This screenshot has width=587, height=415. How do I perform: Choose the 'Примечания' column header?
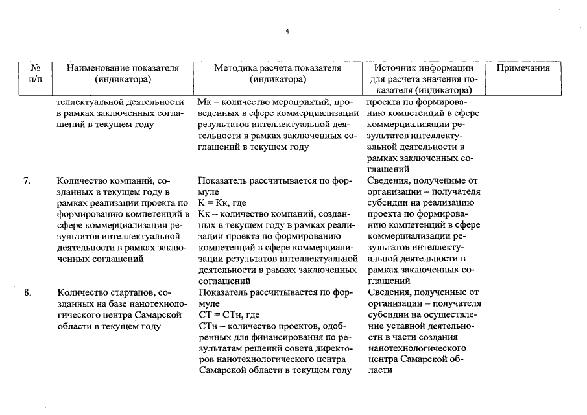coord(523,67)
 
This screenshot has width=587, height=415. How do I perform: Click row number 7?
coord(28,180)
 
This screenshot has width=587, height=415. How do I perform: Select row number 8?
coord(28,292)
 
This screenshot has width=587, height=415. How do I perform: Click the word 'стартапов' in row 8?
coord(128,292)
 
